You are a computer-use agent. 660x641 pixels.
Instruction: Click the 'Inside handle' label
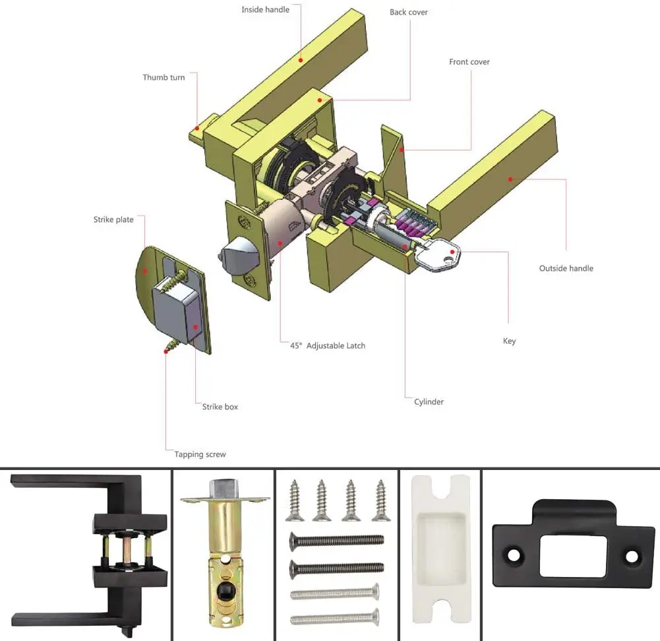pyautogui.click(x=265, y=10)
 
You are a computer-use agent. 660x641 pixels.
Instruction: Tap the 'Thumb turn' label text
pyautogui.click(x=164, y=77)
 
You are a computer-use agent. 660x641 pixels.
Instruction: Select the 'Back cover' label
pyautogui.click(x=408, y=13)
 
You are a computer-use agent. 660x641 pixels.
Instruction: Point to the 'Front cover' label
pyautogui.click(x=469, y=62)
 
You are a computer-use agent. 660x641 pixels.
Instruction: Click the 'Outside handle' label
pyautogui.click(x=566, y=269)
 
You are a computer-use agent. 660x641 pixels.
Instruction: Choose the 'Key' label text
pyautogui.click(x=509, y=341)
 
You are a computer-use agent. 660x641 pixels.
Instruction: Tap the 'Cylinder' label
pyautogui.click(x=429, y=401)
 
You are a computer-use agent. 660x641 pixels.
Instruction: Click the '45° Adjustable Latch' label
pyautogui.click(x=328, y=345)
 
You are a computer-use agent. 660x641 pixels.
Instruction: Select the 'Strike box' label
pyautogui.click(x=220, y=407)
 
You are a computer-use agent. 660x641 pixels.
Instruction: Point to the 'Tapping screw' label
pyautogui.click(x=200, y=454)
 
